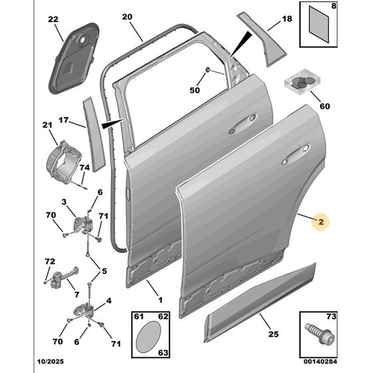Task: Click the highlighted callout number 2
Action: (321, 222)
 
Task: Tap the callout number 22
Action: (53, 19)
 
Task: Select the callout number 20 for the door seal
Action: (127, 17)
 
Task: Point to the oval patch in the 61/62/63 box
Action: (148, 336)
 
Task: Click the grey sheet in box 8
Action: (319, 24)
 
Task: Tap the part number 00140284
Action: (320, 361)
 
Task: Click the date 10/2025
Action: (51, 361)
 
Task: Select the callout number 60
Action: (325, 106)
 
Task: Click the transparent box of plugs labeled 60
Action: (302, 81)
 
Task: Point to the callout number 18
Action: (287, 19)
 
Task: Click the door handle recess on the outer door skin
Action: (295, 154)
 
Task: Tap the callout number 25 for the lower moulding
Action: (273, 334)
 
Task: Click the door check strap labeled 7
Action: (63, 278)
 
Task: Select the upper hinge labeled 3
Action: (82, 225)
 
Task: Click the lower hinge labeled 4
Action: (84, 310)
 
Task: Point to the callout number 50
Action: (195, 90)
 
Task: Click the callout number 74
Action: (84, 168)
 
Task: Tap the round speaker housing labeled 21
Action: (63, 163)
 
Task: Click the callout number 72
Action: (50, 262)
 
